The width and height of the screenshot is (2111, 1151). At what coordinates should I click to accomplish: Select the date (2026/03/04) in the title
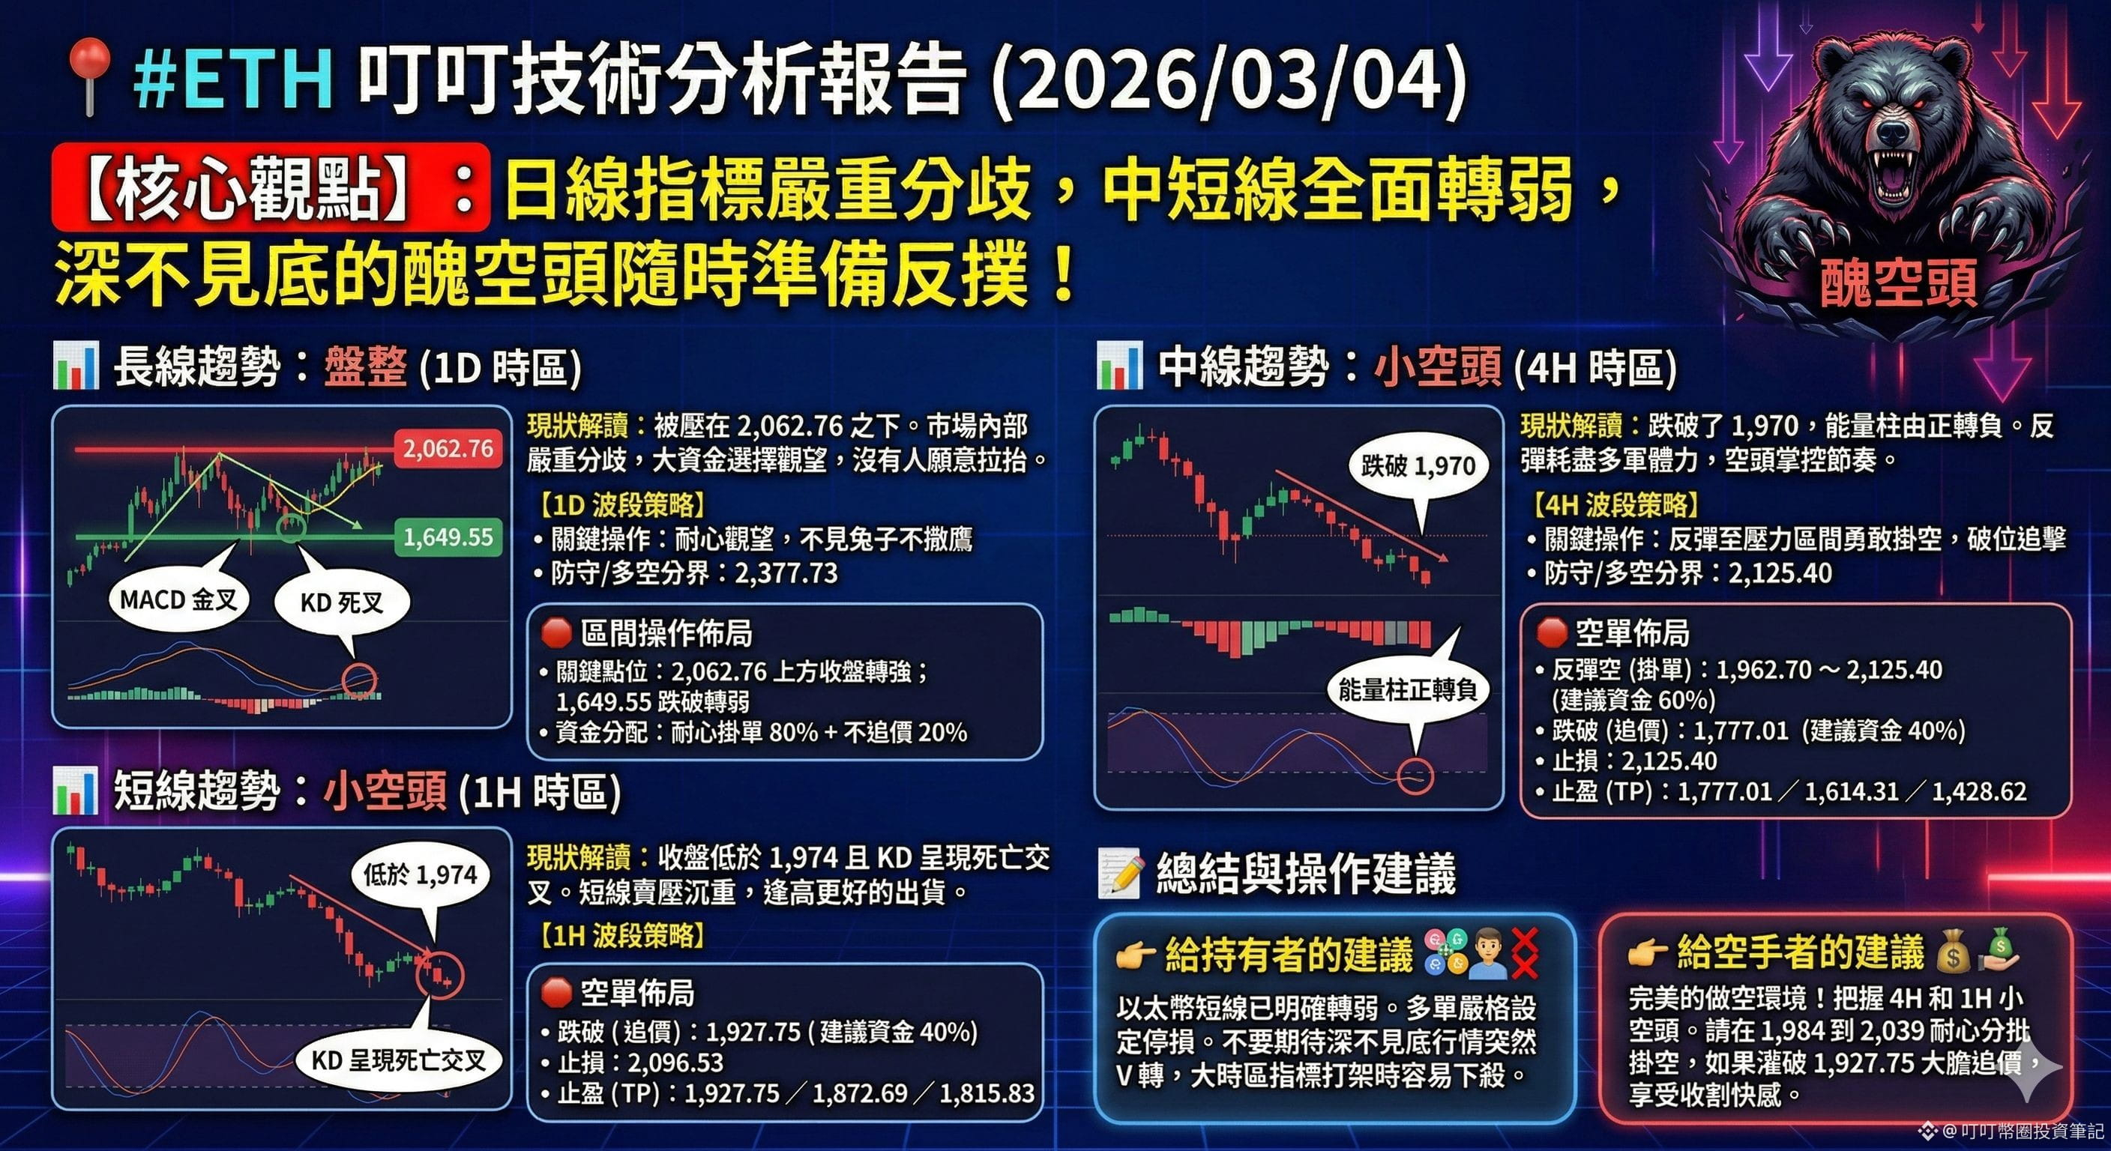point(1229,79)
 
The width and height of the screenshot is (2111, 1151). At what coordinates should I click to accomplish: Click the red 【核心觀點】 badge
point(271,187)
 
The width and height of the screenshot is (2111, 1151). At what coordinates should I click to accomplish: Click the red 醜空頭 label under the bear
point(1898,283)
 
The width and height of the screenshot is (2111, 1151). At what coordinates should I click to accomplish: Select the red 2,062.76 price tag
point(448,449)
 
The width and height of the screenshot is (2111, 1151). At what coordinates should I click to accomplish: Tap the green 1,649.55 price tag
point(448,537)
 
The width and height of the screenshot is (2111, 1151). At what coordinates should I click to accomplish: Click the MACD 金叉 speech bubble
point(178,599)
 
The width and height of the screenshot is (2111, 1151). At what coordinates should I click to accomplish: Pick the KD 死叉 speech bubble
point(342,603)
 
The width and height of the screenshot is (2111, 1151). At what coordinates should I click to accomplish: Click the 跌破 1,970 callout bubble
point(1418,466)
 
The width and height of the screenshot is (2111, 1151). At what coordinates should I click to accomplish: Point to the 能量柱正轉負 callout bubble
point(1407,690)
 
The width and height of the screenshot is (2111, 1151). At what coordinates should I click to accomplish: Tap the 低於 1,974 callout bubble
point(420,875)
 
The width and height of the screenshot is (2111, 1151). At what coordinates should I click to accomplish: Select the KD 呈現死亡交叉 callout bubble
point(398,1060)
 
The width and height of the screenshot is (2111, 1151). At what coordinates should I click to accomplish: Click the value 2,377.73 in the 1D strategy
point(786,573)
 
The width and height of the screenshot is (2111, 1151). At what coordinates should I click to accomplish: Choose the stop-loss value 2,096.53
point(675,1063)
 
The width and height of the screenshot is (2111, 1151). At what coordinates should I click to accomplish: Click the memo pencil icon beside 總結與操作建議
point(1119,874)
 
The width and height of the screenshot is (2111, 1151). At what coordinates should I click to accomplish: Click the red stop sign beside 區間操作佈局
point(555,632)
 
